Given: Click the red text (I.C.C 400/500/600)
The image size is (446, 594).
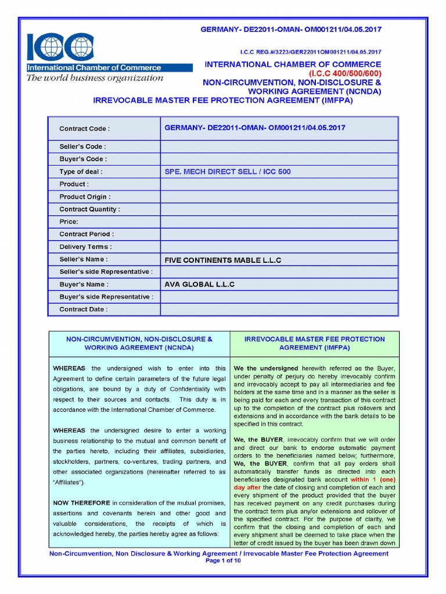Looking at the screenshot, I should point(345,74).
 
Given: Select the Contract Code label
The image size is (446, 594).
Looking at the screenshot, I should point(84,129).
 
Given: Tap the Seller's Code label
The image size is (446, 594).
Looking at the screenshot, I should point(82,147).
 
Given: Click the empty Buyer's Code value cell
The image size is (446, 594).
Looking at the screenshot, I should point(279,159).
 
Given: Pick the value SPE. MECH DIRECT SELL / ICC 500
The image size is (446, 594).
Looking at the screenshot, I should point(228,172).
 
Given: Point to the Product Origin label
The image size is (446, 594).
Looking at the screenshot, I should point(85,197).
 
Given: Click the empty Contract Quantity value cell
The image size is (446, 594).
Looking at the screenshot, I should point(279,209).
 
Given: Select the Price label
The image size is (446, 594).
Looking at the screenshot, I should point(69,222).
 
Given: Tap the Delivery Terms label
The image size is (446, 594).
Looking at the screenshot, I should point(85,247).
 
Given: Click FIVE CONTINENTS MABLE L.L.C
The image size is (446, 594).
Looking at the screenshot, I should point(223,260).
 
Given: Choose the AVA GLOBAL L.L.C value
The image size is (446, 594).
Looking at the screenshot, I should point(200,285).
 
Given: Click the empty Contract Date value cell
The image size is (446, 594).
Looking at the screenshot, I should point(279,310).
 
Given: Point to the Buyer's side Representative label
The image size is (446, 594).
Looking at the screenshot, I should point(106,297).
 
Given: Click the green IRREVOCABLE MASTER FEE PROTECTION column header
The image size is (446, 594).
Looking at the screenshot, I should point(314,343).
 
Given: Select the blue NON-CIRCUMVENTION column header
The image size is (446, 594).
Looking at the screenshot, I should point(139,343).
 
